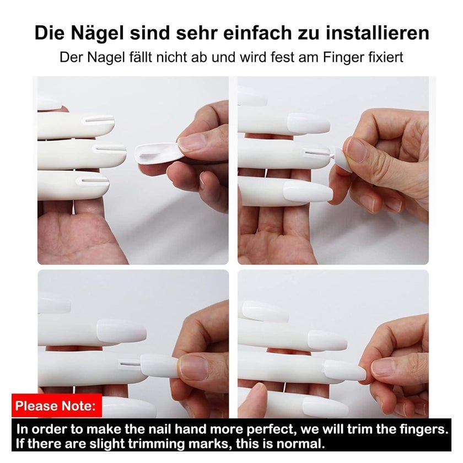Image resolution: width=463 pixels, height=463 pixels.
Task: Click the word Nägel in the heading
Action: pos(97,34)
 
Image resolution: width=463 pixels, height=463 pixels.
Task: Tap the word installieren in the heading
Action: pos(378,33)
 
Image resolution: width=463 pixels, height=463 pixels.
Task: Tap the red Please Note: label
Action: pos(56,406)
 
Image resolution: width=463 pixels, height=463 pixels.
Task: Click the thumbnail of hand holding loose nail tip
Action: pos(191,142)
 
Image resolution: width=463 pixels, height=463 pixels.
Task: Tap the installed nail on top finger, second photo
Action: pos(308,123)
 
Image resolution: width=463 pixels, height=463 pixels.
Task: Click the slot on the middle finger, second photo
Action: pos(317,153)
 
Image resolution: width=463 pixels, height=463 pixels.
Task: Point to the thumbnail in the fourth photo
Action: pos(385,368)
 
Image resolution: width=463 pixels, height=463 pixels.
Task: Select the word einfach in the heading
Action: pos(257,33)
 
